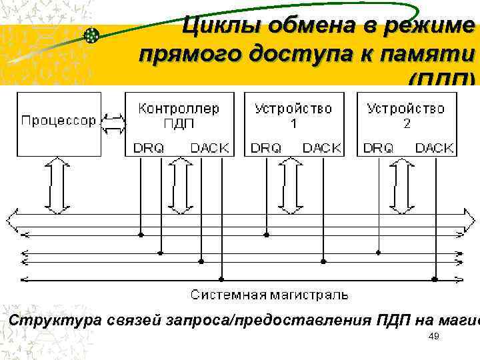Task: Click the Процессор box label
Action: tap(59, 121)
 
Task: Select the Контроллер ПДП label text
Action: tap(178, 115)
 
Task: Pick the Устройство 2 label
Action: tap(406, 115)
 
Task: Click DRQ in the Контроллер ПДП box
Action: tap(148, 148)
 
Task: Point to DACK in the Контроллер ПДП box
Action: tap(209, 148)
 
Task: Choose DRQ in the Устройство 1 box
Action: tap(266, 148)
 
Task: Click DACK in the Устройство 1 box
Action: tap(322, 148)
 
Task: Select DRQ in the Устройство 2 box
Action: tap(379, 148)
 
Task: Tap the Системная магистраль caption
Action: tap(269, 294)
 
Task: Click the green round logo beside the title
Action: tap(92, 35)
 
